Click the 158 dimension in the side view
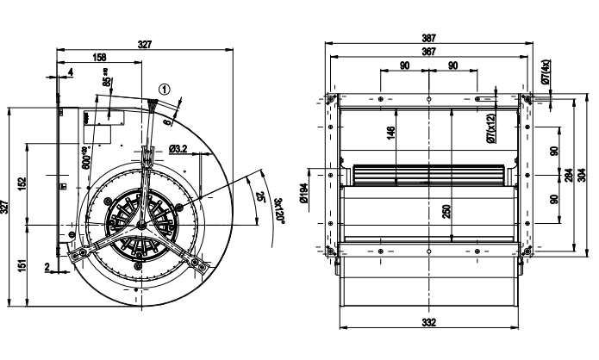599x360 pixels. tap(99, 59)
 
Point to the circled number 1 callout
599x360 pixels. tap(165, 88)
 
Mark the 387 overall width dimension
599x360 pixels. tap(428, 39)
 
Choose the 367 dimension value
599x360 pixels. tap(428, 51)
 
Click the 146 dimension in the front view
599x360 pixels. tap(390, 133)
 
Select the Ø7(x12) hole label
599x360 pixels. tap(490, 128)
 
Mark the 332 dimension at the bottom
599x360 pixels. tap(428, 322)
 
